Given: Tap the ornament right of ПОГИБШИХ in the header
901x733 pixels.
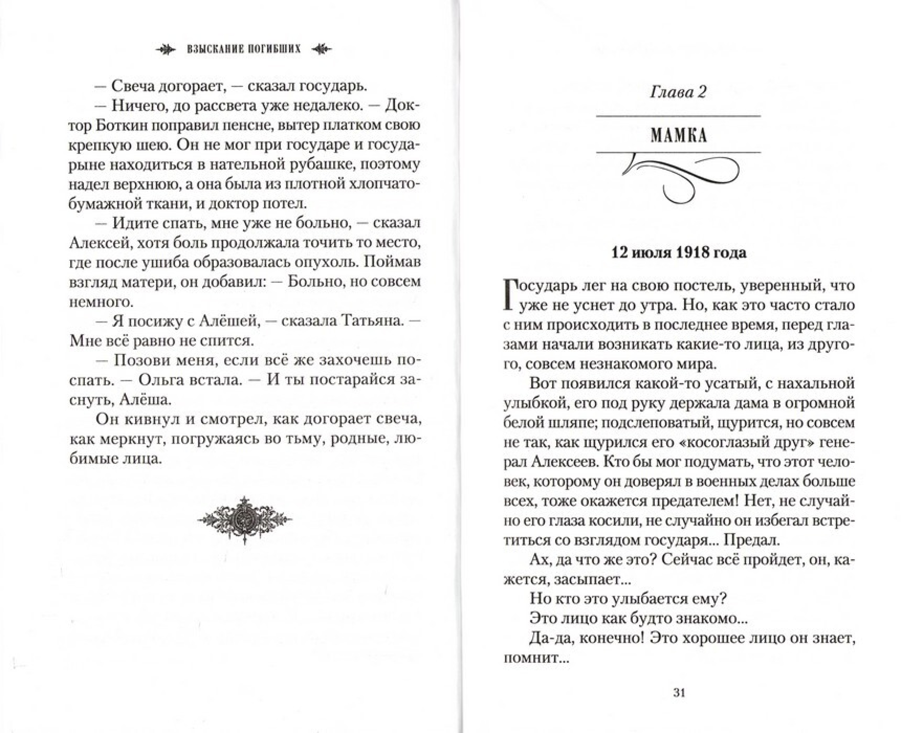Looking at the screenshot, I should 321,49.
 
